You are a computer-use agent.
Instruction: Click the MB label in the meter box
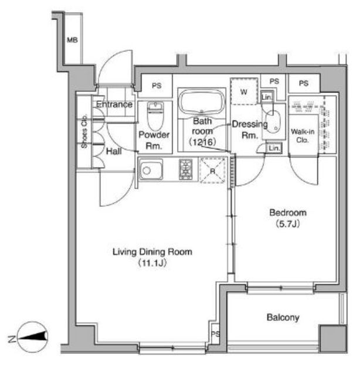(x=72, y=40)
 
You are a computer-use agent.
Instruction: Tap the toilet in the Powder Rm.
(x=155, y=115)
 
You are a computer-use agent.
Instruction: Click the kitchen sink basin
(x=151, y=169)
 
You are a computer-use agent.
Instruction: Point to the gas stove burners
(x=186, y=169)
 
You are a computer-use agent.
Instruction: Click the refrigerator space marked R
(x=213, y=171)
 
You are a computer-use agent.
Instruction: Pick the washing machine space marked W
(x=244, y=91)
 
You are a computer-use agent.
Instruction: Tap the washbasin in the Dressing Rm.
(x=273, y=121)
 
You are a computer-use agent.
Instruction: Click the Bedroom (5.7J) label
(x=288, y=218)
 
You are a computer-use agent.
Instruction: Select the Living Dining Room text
(x=152, y=252)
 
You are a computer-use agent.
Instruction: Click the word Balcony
(x=283, y=318)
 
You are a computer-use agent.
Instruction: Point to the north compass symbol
(x=33, y=337)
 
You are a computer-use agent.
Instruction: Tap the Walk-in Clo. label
(x=303, y=135)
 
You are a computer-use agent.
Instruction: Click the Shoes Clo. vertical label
(x=84, y=131)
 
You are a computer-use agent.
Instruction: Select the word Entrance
(x=114, y=104)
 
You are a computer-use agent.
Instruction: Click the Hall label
(x=114, y=151)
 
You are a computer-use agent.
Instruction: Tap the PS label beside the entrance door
(x=157, y=86)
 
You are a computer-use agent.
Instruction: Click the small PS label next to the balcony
(x=215, y=333)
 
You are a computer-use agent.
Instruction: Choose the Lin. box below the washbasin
(x=274, y=148)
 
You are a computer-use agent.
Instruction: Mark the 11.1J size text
(x=152, y=263)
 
